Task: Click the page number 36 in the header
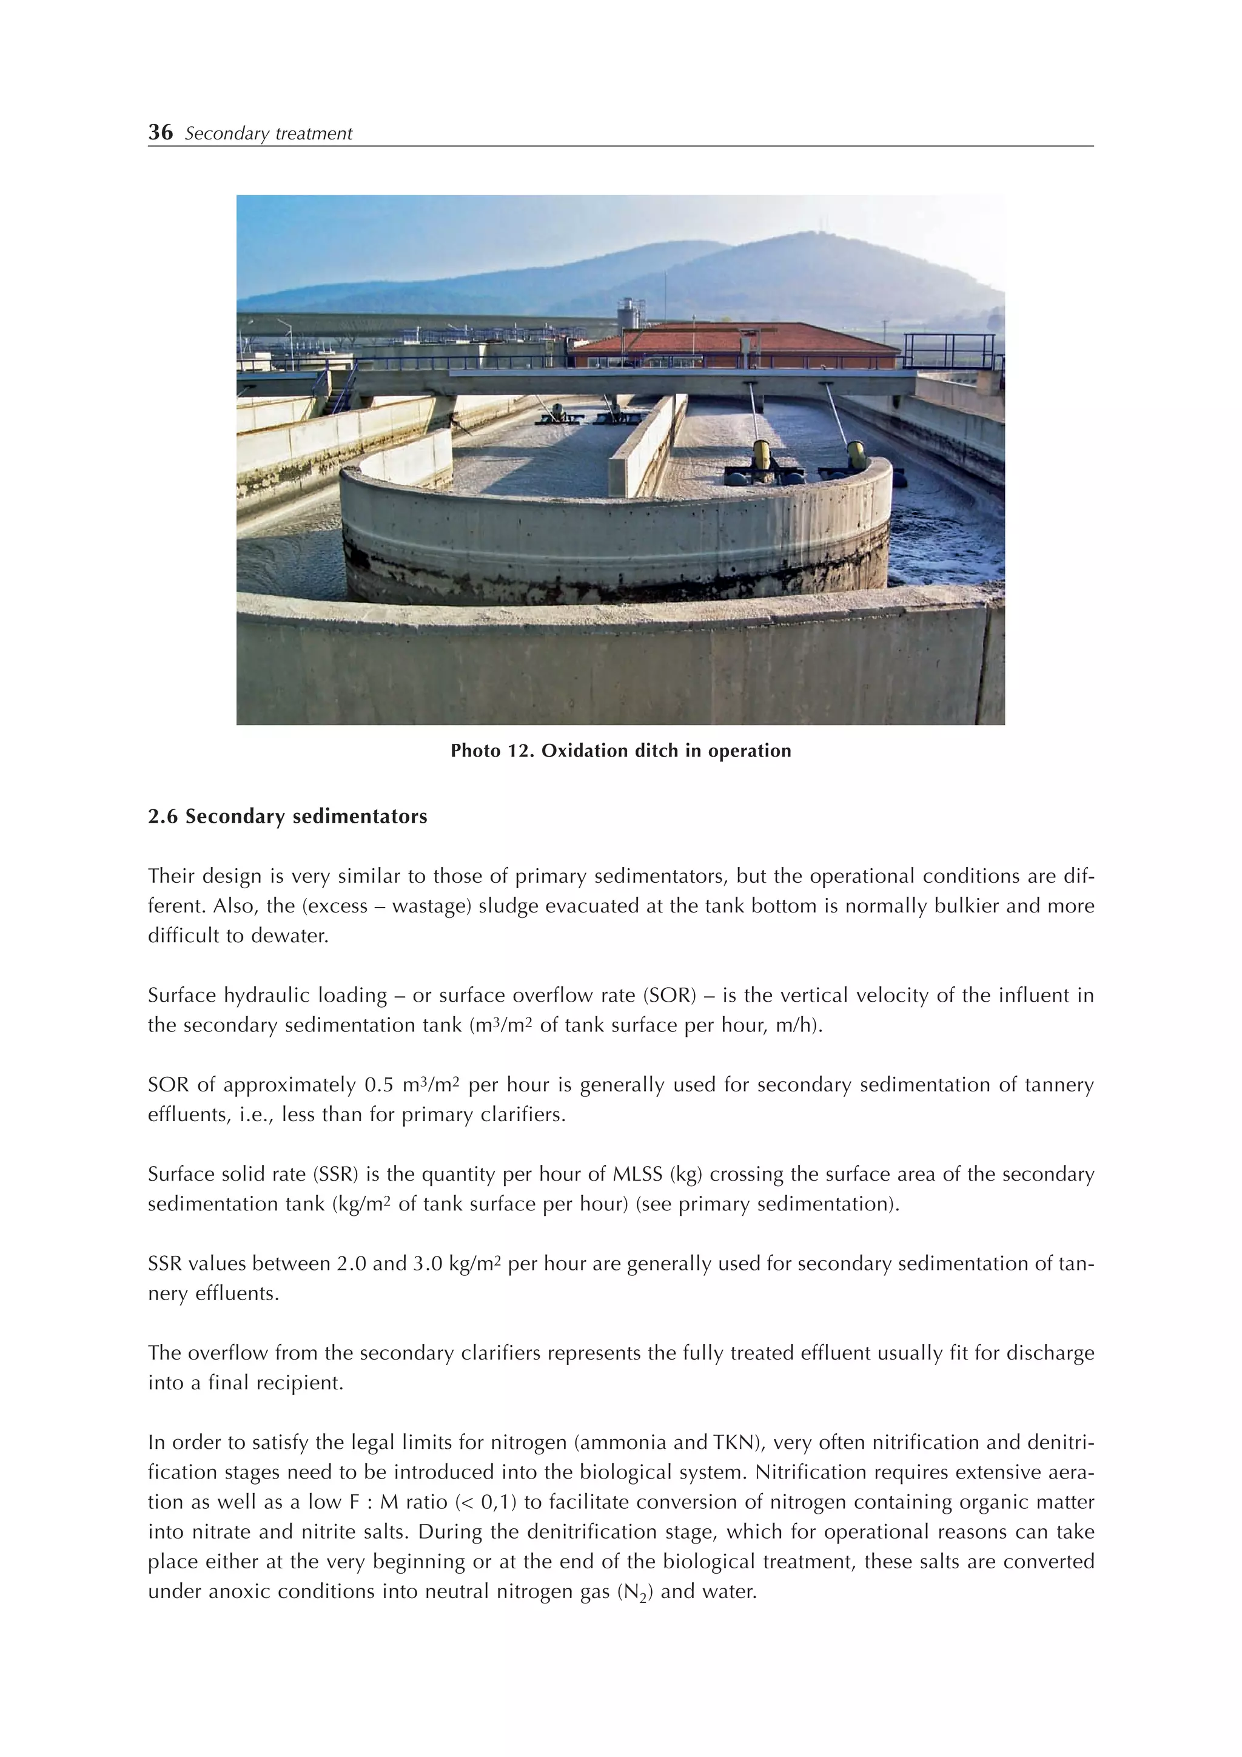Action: pos(161,132)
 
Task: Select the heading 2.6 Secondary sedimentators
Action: pos(287,817)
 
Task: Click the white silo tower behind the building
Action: pos(630,314)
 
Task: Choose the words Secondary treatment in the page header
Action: pos(269,134)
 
